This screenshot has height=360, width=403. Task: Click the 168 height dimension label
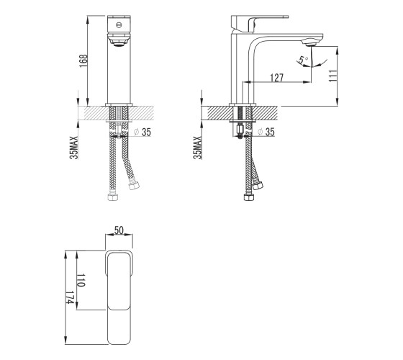click(83, 61)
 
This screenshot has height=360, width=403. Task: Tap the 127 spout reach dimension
click(276, 78)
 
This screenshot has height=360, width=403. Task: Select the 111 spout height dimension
click(332, 76)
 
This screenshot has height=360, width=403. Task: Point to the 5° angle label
click(303, 60)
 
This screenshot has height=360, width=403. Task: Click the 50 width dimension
click(119, 230)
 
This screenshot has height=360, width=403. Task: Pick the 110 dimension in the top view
click(81, 280)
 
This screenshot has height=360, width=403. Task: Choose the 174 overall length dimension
click(70, 297)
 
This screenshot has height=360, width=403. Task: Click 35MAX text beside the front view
click(74, 148)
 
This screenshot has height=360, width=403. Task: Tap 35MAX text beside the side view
click(197, 148)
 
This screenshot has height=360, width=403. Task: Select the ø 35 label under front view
click(142, 132)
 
